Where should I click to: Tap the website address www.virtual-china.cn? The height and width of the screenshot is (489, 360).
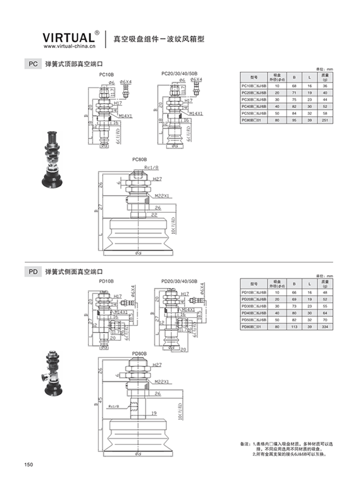tap(67, 46)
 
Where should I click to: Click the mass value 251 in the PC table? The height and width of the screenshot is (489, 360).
tap(325, 119)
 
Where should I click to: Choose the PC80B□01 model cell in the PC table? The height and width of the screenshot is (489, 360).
tap(253, 119)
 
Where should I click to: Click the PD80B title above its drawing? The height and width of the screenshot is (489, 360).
tap(139, 354)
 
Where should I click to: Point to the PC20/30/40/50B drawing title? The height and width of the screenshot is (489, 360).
tap(179, 74)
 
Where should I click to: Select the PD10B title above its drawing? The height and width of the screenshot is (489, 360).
tap(106, 281)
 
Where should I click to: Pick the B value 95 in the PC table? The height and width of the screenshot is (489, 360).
tap(294, 119)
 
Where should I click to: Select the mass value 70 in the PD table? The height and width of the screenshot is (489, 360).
tap(325, 319)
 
